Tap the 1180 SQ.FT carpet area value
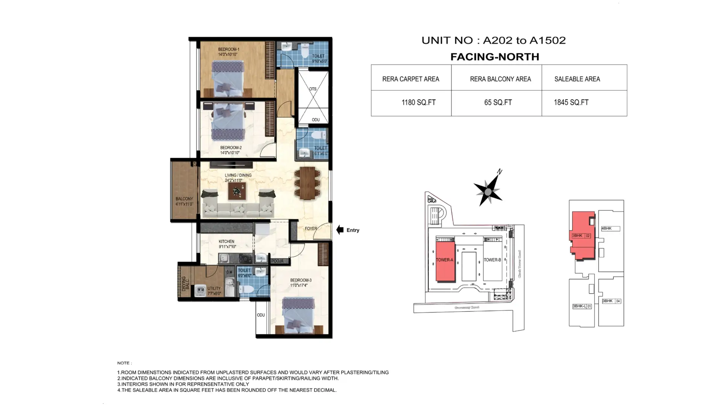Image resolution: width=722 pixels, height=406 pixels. [x=418, y=103]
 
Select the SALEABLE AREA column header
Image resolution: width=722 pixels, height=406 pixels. [x=577, y=79]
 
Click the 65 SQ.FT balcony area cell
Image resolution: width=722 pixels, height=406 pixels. [x=498, y=103]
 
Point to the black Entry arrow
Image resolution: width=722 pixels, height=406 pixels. [x=340, y=230]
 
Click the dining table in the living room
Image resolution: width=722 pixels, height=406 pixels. [x=307, y=183]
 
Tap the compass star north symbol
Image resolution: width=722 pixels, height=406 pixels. [x=488, y=191]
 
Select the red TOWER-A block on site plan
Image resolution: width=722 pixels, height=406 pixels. [x=445, y=261]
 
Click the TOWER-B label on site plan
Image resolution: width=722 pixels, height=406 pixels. [x=492, y=260]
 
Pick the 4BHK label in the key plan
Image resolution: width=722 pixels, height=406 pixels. [x=607, y=229]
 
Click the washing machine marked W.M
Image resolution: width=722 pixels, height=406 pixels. [x=201, y=290]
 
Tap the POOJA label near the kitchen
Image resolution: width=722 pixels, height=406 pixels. [x=278, y=261]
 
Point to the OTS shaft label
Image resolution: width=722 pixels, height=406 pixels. [x=312, y=89]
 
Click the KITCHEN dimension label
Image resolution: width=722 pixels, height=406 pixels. [x=227, y=244]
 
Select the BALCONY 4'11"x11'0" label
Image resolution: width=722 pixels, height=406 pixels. [x=184, y=201]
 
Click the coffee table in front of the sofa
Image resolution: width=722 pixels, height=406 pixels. [x=237, y=191]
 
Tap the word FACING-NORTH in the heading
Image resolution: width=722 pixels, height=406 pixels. [x=494, y=57]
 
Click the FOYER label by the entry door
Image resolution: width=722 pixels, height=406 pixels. [x=310, y=229]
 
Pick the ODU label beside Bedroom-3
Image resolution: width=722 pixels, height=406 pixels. [x=261, y=315]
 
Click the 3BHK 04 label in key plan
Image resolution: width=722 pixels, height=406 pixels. [x=611, y=301]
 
